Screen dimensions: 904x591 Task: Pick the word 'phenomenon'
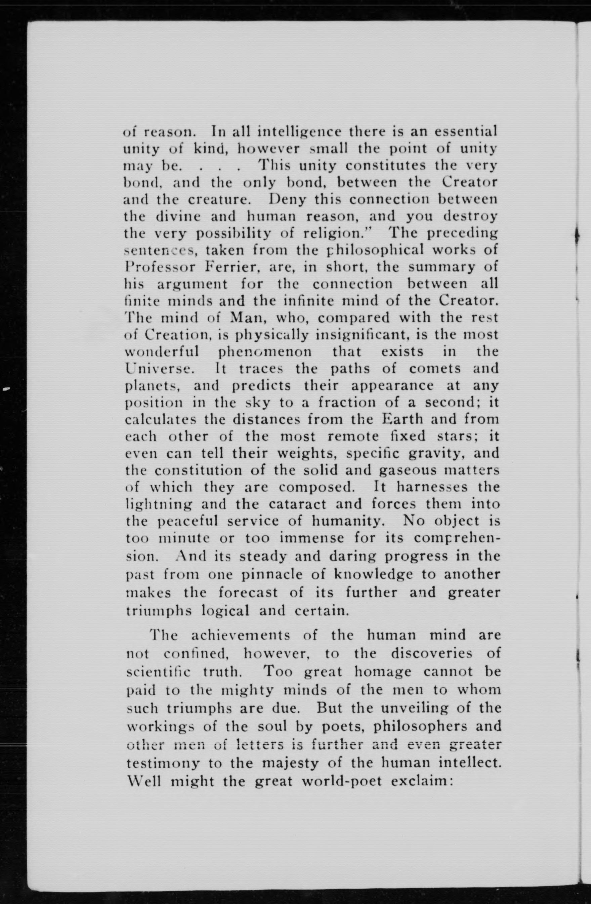[x=266, y=351]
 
